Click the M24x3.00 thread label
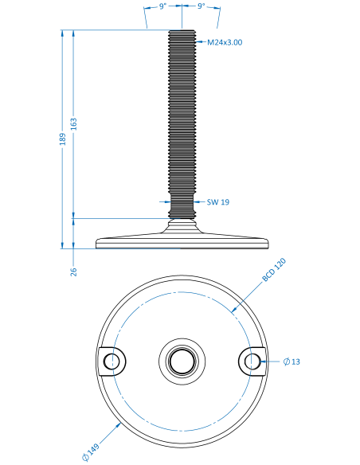(225, 42)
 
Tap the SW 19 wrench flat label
(218, 202)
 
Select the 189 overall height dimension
(63, 139)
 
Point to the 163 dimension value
(74, 124)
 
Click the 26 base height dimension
(74, 272)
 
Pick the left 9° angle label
(162, 6)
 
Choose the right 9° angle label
(202, 6)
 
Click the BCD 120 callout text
(274, 270)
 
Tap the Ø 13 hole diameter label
(292, 361)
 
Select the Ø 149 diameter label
(91, 452)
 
